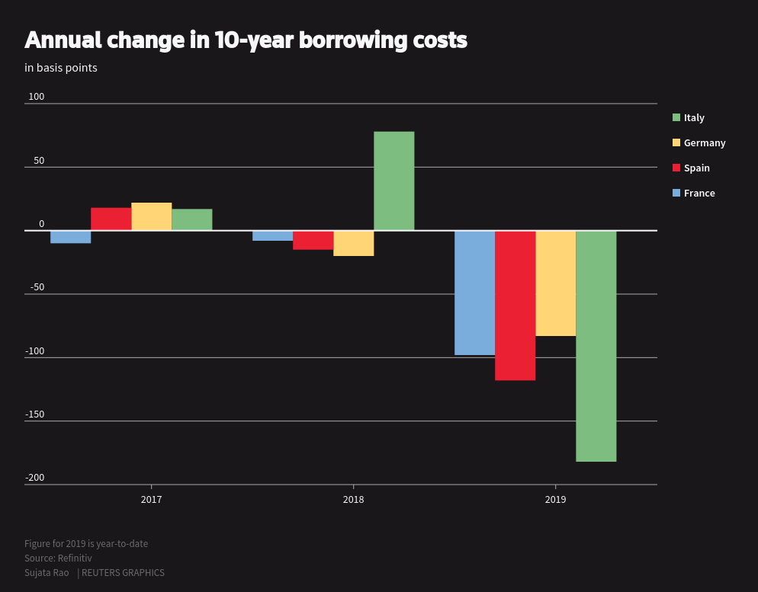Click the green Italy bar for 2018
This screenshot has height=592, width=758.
[x=393, y=181]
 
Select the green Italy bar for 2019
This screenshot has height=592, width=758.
[x=596, y=346]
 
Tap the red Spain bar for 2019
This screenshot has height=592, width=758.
[x=515, y=305]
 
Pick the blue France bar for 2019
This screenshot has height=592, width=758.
[x=474, y=293]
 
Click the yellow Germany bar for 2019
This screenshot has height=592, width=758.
[x=555, y=283]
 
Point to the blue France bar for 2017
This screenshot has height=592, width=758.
[x=70, y=237]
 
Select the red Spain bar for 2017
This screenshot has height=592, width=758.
[x=111, y=219]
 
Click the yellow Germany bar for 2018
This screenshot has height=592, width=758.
[x=353, y=243]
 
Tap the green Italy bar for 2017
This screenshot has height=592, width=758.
[x=191, y=219]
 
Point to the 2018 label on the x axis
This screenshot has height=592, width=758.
[x=353, y=500]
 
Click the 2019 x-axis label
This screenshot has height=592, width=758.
[x=555, y=500]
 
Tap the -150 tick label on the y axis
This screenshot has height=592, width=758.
[x=35, y=414]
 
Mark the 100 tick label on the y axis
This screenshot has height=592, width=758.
[x=37, y=97]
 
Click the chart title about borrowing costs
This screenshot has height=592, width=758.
[x=246, y=40]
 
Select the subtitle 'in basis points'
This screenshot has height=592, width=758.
[x=61, y=68]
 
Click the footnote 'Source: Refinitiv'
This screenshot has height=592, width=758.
[x=58, y=558]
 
